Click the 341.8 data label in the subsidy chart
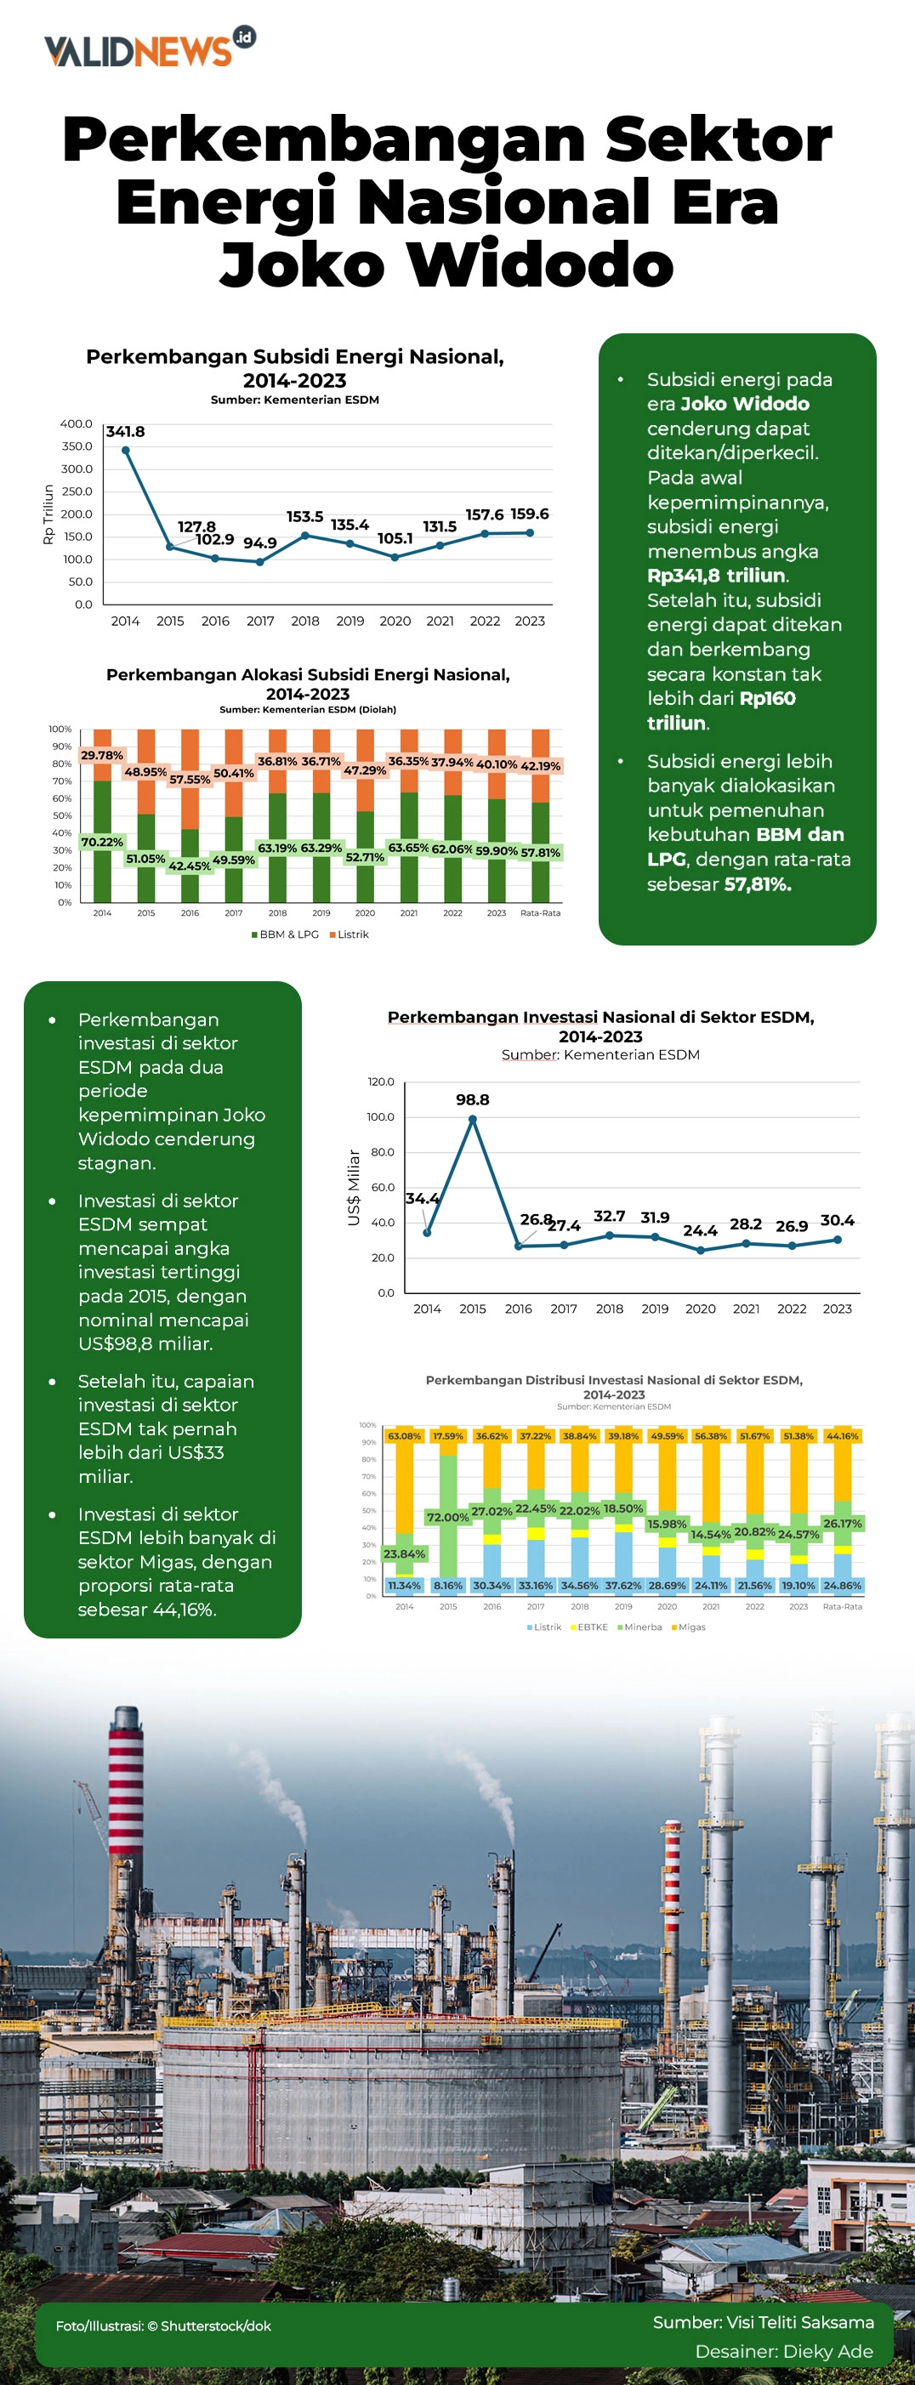coord(125,431)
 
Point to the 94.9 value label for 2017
coord(259,543)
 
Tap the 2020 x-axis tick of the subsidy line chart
coord(395,622)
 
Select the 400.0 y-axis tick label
coord(76,424)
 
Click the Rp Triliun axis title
coord(48,514)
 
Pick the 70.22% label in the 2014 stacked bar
coord(102,842)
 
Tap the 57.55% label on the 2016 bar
coord(190,780)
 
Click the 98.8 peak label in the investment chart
coord(472,1100)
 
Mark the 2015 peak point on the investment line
coord(472,1119)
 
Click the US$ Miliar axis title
coord(353,1188)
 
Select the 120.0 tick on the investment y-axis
coord(381,1082)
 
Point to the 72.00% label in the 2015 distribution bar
coord(447,1517)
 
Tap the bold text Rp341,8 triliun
coord(716,575)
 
